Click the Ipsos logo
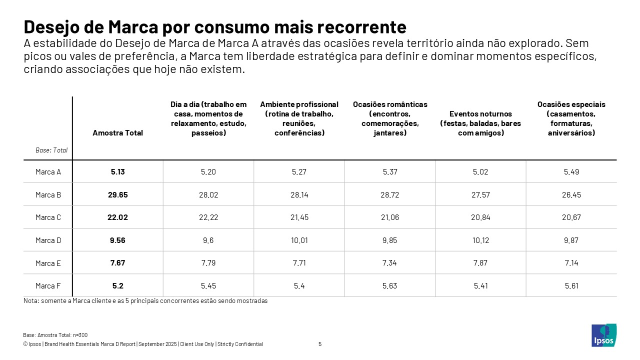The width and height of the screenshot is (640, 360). pyautogui.click(x=604, y=335)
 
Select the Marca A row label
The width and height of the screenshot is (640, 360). pyautogui.click(x=48, y=172)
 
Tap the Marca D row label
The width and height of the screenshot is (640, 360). pyautogui.click(x=48, y=240)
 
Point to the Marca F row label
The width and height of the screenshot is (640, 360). pyautogui.click(x=48, y=286)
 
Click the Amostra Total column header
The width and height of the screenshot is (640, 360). pyautogui.click(x=118, y=133)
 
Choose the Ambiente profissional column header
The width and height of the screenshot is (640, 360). pyautogui.click(x=299, y=118)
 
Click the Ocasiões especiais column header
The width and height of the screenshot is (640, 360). pyautogui.click(x=571, y=118)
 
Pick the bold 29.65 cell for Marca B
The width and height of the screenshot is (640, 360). pyautogui.click(x=118, y=195)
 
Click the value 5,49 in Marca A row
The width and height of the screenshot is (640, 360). pyautogui.click(x=571, y=172)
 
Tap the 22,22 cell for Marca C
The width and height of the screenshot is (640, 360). pyautogui.click(x=208, y=217)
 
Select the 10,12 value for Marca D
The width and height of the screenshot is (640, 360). pyautogui.click(x=480, y=240)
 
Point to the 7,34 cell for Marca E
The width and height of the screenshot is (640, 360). pyautogui.click(x=389, y=263)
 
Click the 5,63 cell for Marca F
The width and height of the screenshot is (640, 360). pyautogui.click(x=389, y=286)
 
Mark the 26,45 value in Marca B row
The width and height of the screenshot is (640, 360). pyautogui.click(x=571, y=195)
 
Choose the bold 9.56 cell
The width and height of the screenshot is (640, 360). pyautogui.click(x=118, y=240)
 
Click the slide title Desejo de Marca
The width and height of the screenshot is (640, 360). pyautogui.click(x=215, y=26)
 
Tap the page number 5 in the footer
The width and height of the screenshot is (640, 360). pyautogui.click(x=320, y=344)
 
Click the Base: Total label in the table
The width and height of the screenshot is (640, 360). pyautogui.click(x=51, y=150)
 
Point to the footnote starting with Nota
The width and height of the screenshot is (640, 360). pyautogui.click(x=145, y=301)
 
